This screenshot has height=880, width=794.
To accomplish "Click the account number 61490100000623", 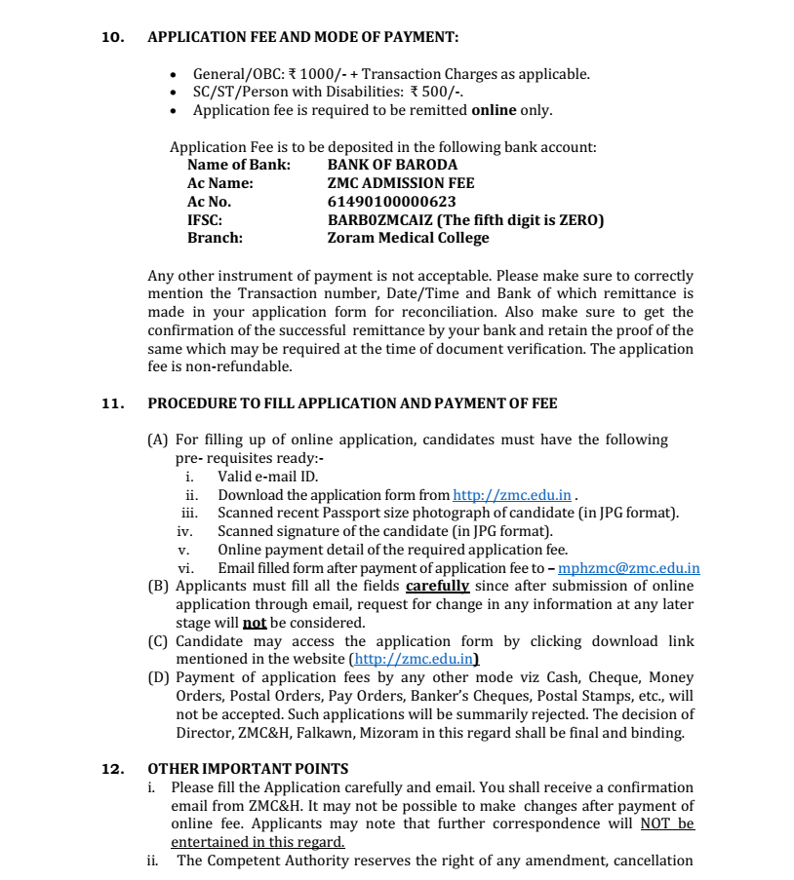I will click(x=391, y=202).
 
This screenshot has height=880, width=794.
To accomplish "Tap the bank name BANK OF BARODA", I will click(x=392, y=165).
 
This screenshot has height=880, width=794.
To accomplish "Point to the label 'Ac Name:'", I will click(x=219, y=183).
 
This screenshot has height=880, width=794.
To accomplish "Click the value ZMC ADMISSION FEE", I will click(x=401, y=183).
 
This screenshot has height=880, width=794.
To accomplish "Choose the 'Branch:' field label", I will click(x=215, y=238).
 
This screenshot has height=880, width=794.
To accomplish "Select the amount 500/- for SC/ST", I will click(x=441, y=93).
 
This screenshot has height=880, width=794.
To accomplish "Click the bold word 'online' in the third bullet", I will click(x=494, y=110).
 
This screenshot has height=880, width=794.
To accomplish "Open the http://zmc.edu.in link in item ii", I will click(x=512, y=495).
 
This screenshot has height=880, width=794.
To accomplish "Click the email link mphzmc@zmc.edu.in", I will click(x=628, y=568).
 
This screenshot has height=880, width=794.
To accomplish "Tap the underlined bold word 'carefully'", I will click(x=437, y=586).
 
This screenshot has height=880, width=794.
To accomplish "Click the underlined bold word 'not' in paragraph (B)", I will click(x=254, y=623).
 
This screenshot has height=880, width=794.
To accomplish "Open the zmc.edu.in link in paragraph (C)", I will click(x=414, y=660).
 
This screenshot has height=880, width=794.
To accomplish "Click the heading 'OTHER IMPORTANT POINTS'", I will click(x=248, y=769).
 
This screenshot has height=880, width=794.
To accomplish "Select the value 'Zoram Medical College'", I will click(x=408, y=238).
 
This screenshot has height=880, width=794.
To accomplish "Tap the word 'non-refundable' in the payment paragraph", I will click(x=241, y=367).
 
